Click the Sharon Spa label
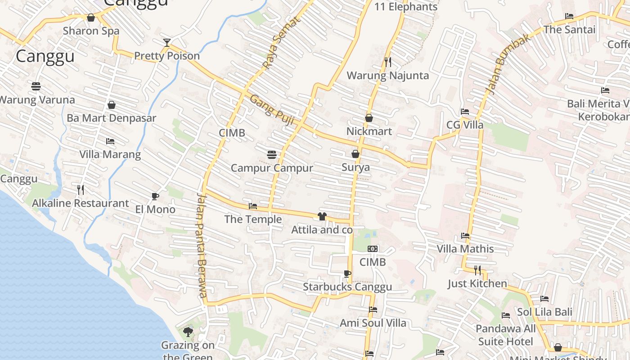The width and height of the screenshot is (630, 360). coord(91,31)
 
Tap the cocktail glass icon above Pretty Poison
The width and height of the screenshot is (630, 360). coord(167,42)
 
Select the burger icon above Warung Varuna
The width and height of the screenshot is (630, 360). coord(36,85)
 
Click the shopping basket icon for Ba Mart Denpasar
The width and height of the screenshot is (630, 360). coord(112,105)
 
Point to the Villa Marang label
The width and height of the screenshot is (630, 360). coord(110,154)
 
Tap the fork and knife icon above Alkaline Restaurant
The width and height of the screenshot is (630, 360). coord(81,189)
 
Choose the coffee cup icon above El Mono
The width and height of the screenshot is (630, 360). coord(155,196)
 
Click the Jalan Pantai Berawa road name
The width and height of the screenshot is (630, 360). coord(202,245)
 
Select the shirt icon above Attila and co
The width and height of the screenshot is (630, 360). coord(322,216)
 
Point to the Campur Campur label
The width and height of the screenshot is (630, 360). coord(272,168)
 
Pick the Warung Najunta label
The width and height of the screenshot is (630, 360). coord(387,75)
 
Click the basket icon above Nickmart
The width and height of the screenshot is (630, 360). coord(369,118)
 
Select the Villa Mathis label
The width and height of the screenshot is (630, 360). coord(465,249)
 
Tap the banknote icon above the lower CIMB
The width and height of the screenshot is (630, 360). coord(373,248)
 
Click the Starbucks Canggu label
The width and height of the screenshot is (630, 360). coord(347,287)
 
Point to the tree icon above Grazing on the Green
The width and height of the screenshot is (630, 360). coord(188,332)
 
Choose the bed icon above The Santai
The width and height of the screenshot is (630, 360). coord(569,16)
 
